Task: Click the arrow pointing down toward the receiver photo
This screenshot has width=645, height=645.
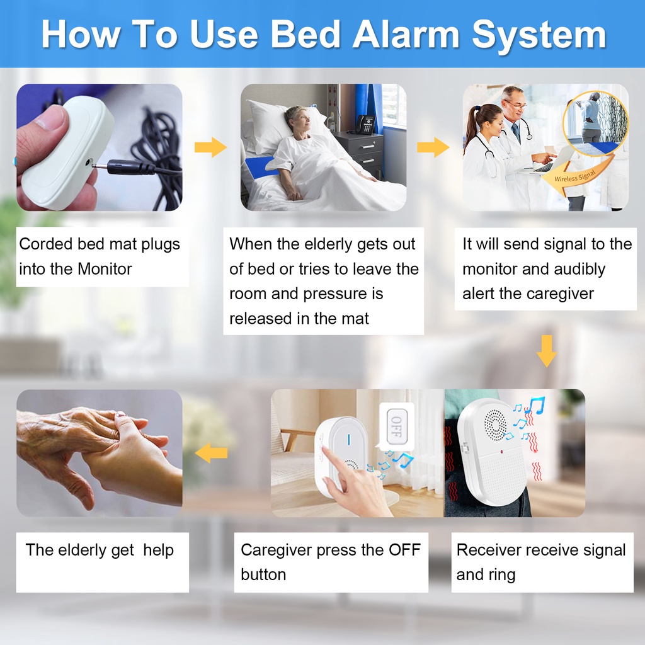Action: coord(547,350)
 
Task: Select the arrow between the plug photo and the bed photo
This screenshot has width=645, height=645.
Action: coord(210,147)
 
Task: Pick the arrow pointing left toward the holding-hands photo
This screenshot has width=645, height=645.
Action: coord(211,452)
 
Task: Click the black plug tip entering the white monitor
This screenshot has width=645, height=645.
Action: coord(100,166)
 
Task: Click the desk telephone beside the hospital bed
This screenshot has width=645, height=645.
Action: coord(365,124)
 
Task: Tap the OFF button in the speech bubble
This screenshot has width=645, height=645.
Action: coord(397,426)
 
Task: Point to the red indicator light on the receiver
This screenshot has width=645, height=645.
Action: coord(502,452)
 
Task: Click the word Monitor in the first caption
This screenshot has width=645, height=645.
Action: coord(105,269)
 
